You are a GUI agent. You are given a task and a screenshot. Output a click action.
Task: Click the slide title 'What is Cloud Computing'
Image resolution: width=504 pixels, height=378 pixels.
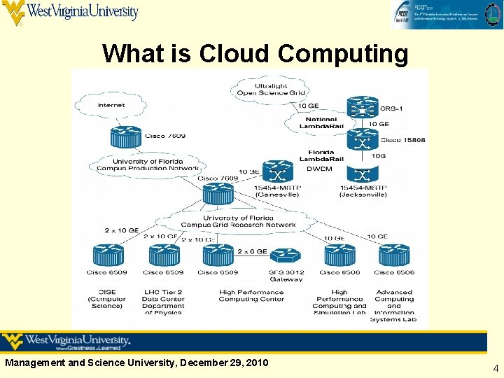point(255,53)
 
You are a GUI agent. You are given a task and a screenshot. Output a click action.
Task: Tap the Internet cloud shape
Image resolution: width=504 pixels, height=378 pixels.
point(111,105)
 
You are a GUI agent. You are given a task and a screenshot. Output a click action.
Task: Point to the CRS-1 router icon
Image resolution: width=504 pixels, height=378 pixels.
point(362,108)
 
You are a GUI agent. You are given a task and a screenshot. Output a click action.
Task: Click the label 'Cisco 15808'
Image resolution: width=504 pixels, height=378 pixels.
point(402,140)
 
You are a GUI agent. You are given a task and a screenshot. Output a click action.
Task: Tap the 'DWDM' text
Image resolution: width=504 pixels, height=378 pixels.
point(319,169)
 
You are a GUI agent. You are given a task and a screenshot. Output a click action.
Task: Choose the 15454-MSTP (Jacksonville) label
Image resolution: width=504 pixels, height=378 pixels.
point(363,190)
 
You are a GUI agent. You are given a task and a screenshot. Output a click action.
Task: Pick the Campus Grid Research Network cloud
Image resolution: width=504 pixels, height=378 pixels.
point(238,221)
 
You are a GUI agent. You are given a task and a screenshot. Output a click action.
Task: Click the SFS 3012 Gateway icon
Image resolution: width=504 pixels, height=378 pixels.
point(285,257)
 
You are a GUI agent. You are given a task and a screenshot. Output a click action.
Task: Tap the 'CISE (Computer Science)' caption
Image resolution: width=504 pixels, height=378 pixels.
point(106,299)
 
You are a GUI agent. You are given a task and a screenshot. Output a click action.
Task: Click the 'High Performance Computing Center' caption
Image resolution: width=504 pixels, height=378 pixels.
point(251,295)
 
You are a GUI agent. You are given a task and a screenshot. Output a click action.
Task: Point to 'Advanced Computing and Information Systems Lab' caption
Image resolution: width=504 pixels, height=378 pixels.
point(394,306)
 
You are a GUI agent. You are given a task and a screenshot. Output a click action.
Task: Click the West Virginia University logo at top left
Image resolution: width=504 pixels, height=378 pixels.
point(70,13)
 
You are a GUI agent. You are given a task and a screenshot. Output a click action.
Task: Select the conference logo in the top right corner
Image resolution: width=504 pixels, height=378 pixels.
point(446,14)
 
